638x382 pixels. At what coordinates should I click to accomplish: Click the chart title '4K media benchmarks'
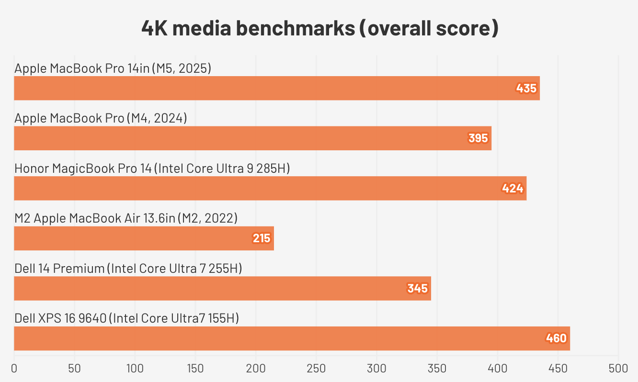[x=319, y=29]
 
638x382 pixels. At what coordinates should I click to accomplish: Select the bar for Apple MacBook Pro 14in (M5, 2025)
[x=277, y=88]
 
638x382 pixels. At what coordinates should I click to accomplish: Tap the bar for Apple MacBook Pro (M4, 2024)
[x=252, y=138]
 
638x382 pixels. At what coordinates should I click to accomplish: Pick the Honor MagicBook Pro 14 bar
[x=270, y=188]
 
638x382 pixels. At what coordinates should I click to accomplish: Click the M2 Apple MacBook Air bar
[x=144, y=238]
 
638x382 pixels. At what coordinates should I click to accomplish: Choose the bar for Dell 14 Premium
[x=222, y=288]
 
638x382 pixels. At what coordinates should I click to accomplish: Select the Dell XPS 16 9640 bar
[x=292, y=338]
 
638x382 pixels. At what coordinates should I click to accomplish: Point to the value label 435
[x=526, y=89]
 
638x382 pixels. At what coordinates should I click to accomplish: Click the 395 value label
[x=478, y=138]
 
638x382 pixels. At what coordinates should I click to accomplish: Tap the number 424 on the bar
[x=513, y=189]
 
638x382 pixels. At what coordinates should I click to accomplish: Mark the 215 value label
[x=262, y=238]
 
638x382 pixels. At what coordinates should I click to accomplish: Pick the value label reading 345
[x=418, y=289]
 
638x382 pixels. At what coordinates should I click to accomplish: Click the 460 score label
[x=557, y=338]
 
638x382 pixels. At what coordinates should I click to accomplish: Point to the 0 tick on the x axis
[x=14, y=369]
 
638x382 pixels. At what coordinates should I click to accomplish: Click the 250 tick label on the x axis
[x=316, y=369]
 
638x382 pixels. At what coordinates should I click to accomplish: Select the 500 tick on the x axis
[x=618, y=369]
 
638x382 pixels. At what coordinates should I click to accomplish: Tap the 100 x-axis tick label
[x=135, y=369]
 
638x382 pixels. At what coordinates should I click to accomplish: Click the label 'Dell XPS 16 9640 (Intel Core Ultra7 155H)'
[x=127, y=318]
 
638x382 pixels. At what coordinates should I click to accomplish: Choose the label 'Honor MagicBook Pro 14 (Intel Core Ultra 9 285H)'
[x=152, y=169]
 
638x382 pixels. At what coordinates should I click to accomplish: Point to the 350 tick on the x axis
[x=437, y=369]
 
